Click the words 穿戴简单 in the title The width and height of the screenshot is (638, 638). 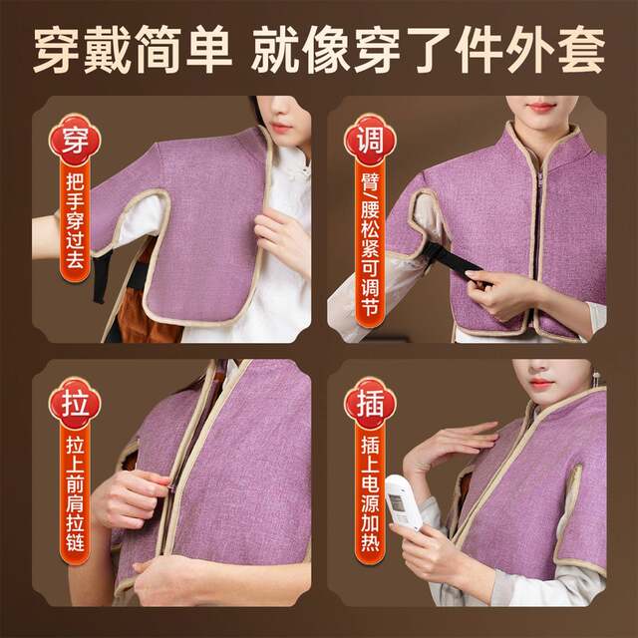129,50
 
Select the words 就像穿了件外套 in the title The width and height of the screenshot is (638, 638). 429,50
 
